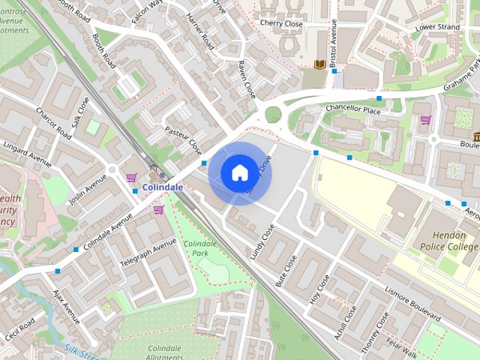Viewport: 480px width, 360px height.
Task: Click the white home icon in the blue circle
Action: pos(239,172)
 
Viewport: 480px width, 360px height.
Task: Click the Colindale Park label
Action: pos(200,249)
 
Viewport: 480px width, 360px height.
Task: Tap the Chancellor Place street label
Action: pos(353,109)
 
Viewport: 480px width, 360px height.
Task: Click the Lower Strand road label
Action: pos(437,28)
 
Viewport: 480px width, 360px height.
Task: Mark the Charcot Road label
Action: pos(54,123)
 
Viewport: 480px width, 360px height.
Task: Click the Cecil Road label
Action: pos(19,329)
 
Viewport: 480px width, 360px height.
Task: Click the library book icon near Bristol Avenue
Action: pos(319,64)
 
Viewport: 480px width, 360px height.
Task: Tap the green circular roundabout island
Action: pos(273,114)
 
